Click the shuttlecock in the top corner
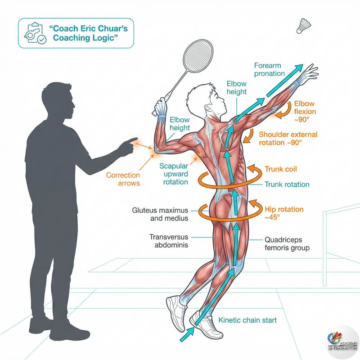pos(302,26)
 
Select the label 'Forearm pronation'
pos(270,69)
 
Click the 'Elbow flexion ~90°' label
pos(306,111)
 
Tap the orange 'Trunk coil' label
pos(280,169)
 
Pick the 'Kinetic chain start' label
pos(247,320)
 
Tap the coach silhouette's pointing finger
pos(134,140)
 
